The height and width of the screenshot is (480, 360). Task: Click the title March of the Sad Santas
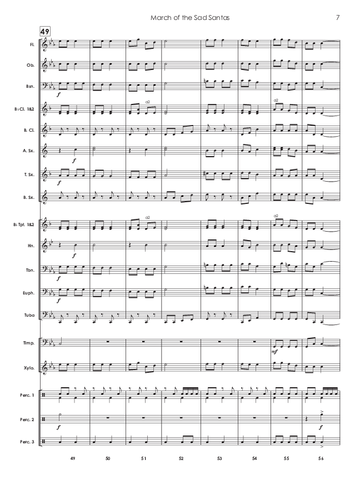191,18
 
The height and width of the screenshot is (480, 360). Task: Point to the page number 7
338,18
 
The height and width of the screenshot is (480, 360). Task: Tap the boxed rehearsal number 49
45,31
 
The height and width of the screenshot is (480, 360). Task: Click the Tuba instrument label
29,316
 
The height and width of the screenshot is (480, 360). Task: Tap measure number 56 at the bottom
322,459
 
